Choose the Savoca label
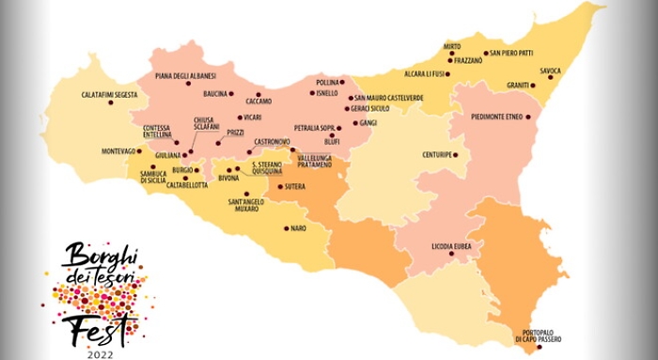(551, 70)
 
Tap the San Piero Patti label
(512, 53)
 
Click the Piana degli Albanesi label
(185, 75)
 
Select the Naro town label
(299, 227)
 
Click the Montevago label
(118, 151)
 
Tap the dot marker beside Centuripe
(456, 154)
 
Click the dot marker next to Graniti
(533, 86)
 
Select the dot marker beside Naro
(286, 227)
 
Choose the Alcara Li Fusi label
(419, 72)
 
